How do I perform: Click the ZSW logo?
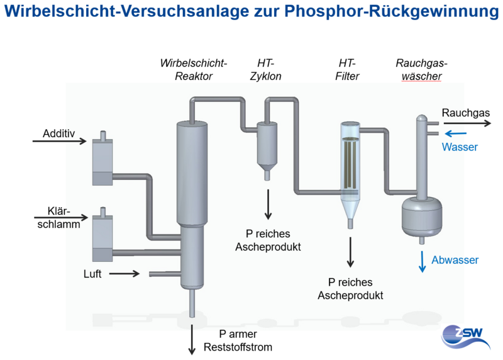pyautogui.click(x=465, y=337)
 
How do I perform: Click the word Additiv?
pyautogui.click(x=58, y=133)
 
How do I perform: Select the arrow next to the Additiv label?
pyautogui.click(x=60, y=141)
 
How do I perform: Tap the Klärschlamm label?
pyautogui.click(x=58, y=217)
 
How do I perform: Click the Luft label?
pyautogui.click(x=92, y=274)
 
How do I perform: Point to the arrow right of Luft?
pyautogui.click(x=124, y=274)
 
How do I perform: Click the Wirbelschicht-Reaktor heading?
pyautogui.click(x=194, y=69)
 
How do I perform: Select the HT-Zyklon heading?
pyautogui.click(x=265, y=69)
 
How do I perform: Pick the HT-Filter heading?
pyautogui.click(x=347, y=69)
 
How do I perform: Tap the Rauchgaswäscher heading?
pyautogui.click(x=421, y=69)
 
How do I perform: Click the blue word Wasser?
pyautogui.click(x=460, y=147)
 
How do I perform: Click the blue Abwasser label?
pyautogui.click(x=455, y=260)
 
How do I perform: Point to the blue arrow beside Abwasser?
pyautogui.click(x=423, y=262)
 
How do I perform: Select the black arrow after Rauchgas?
pyautogui.click(x=467, y=123)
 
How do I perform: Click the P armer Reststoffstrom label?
pyautogui.click(x=238, y=340)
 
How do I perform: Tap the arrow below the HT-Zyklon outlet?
pyautogui.click(x=268, y=205)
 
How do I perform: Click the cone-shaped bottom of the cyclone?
pyautogui.click(x=267, y=168)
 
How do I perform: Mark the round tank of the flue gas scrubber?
pyautogui.click(x=422, y=217)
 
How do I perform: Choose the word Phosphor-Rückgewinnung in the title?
pyautogui.click(x=391, y=11)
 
